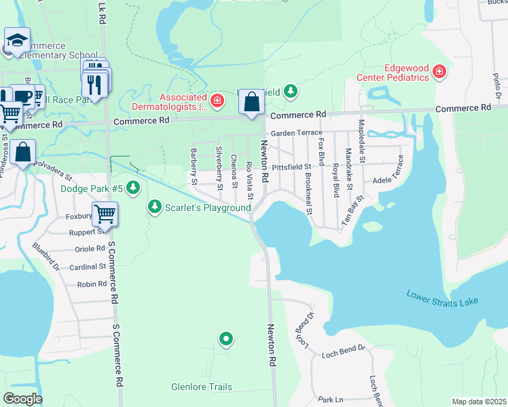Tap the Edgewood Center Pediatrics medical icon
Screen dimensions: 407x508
(439, 71)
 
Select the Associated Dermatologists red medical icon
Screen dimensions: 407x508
(217, 102)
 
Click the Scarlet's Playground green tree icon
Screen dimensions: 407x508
(156, 206)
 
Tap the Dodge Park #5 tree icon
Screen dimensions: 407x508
(134, 187)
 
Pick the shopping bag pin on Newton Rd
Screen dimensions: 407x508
(251, 102)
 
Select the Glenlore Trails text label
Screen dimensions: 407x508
(202, 387)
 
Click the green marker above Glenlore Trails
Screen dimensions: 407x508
(226, 338)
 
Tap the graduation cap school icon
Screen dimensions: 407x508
(17, 40)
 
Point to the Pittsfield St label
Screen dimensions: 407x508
(291, 166)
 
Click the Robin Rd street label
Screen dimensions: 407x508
(92, 284)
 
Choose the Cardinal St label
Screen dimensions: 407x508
(88, 267)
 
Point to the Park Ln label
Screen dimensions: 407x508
(330, 400)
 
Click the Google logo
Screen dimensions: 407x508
(22, 399)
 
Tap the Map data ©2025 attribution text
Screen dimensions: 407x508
(478, 402)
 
